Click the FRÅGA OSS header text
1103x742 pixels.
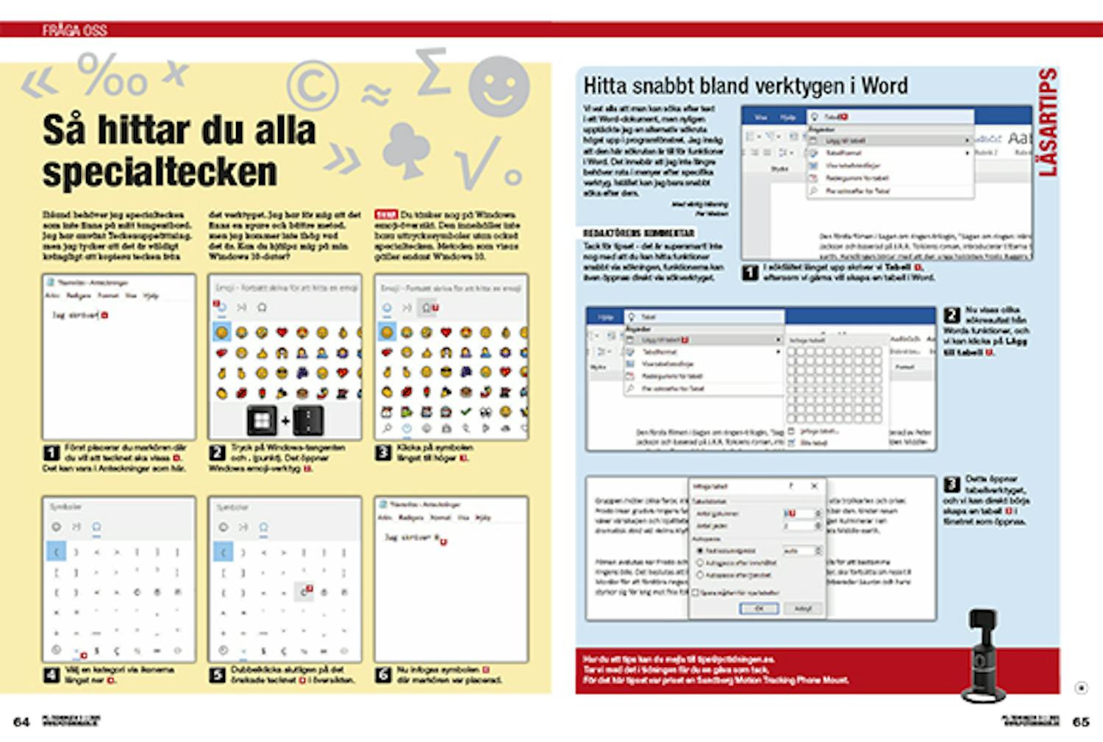click(74, 30)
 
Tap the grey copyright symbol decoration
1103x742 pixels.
click(313, 85)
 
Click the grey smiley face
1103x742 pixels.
click(499, 87)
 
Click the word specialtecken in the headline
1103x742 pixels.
click(160, 172)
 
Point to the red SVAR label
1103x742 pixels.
click(385, 215)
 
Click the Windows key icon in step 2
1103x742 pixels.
click(261, 421)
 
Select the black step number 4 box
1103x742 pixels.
click(51, 674)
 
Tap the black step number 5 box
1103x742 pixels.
click(217, 674)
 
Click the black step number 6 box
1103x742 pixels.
click(383, 674)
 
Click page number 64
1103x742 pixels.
click(21, 722)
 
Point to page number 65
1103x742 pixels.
click(1080, 722)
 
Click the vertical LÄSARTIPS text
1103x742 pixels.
click(1048, 122)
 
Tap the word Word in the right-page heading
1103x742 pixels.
click(885, 86)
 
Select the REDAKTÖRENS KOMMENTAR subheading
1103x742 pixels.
click(638, 233)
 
